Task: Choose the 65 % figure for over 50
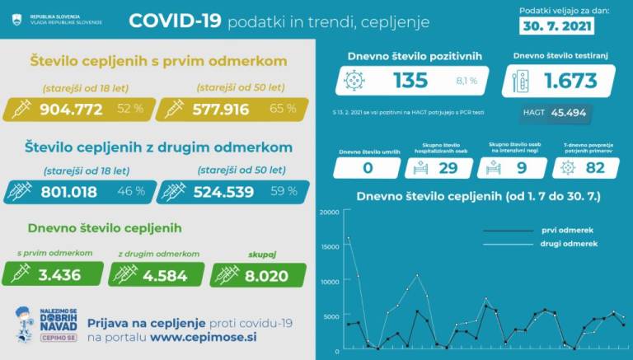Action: [283, 110]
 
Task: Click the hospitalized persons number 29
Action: [448, 168]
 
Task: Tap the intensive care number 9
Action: [522, 168]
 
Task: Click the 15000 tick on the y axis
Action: [330, 247]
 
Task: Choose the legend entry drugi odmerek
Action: [568, 245]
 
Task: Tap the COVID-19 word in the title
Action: [175, 21]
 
